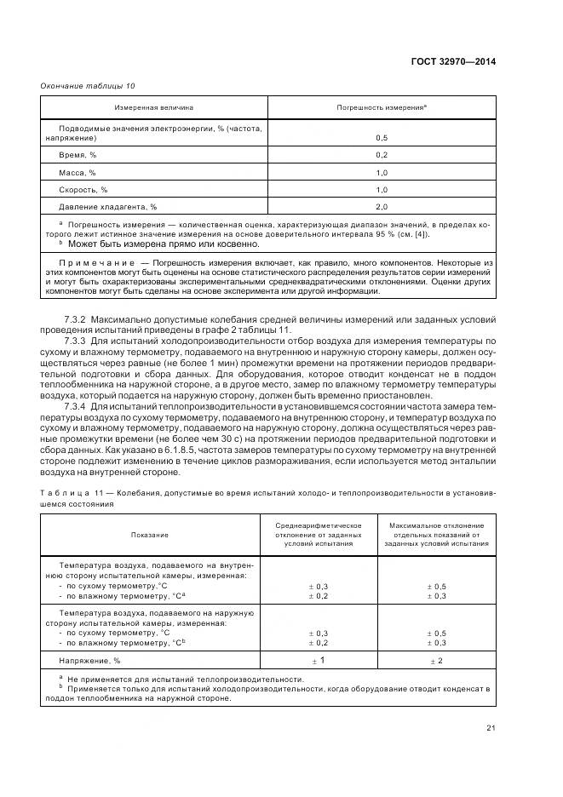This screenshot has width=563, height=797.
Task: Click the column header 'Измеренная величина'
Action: tap(154, 108)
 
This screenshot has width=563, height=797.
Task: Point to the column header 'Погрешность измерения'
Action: tap(382, 108)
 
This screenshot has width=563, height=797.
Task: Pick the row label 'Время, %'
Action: tap(78, 155)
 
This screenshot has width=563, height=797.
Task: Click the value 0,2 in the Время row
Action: tap(382, 155)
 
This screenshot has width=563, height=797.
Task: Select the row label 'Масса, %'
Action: tap(78, 172)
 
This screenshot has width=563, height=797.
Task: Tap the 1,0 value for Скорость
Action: tap(382, 190)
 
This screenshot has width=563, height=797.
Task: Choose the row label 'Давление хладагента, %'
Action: tap(108, 207)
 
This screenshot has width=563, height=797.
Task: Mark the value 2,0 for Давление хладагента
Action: tap(382, 207)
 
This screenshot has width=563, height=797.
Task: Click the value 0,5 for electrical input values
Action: tap(382, 137)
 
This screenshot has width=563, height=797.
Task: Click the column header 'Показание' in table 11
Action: tap(150, 535)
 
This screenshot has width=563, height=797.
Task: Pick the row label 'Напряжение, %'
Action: tap(89, 660)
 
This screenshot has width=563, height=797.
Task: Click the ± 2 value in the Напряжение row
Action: tap(436, 660)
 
